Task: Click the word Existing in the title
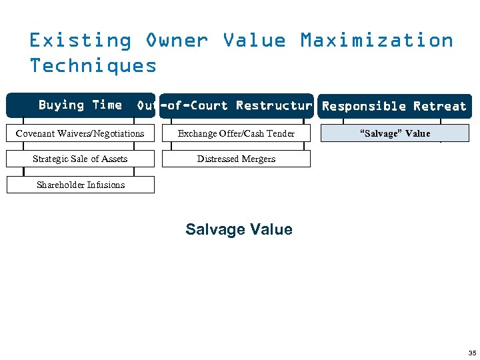point(80,41)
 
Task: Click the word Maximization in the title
point(377,41)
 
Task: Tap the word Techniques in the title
point(93,65)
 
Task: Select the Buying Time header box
point(80,105)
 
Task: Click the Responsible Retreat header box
point(394,107)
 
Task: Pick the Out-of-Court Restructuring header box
point(236,106)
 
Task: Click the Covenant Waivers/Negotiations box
point(80,133)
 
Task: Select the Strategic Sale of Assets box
point(80,159)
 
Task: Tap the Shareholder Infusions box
point(80,185)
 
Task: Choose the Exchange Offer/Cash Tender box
point(236,133)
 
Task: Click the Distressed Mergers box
point(236,159)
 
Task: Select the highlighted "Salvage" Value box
point(395,133)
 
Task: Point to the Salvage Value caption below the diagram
point(239,229)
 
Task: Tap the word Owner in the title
point(177,41)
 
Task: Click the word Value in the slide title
point(254,41)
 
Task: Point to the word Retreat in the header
point(439,107)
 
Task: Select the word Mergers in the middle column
point(259,159)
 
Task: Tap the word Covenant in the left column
point(36,133)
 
